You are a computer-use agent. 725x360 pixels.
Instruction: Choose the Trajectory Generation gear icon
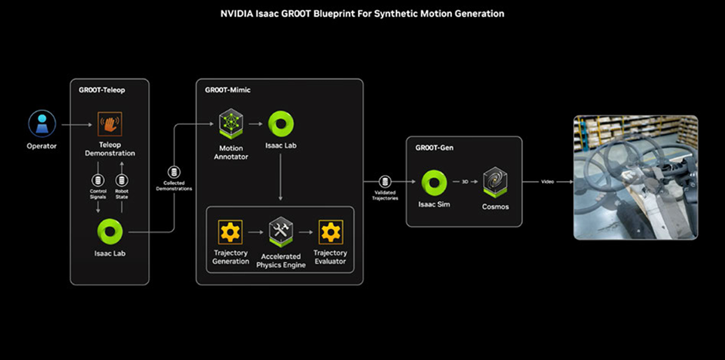pyautogui.click(x=231, y=231)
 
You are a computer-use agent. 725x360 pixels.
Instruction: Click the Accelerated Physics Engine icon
pyautogui.click(x=280, y=230)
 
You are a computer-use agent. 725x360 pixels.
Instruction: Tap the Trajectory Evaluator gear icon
pyautogui.click(x=330, y=231)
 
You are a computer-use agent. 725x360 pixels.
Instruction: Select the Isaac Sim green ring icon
pyautogui.click(x=434, y=183)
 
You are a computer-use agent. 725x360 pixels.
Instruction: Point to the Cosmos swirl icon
pyautogui.click(x=495, y=182)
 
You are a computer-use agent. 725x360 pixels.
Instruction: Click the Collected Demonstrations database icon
pyautogui.click(x=174, y=172)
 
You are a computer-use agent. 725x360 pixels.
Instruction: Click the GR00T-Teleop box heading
pyautogui.click(x=102, y=89)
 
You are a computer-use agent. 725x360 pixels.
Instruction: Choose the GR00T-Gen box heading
pyautogui.click(x=433, y=147)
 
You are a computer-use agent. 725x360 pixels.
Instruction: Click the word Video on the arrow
pyautogui.click(x=547, y=182)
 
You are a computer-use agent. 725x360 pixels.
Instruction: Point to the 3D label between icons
pyautogui.click(x=465, y=182)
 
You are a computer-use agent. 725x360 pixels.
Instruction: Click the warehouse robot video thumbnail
pyautogui.click(x=635, y=177)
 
